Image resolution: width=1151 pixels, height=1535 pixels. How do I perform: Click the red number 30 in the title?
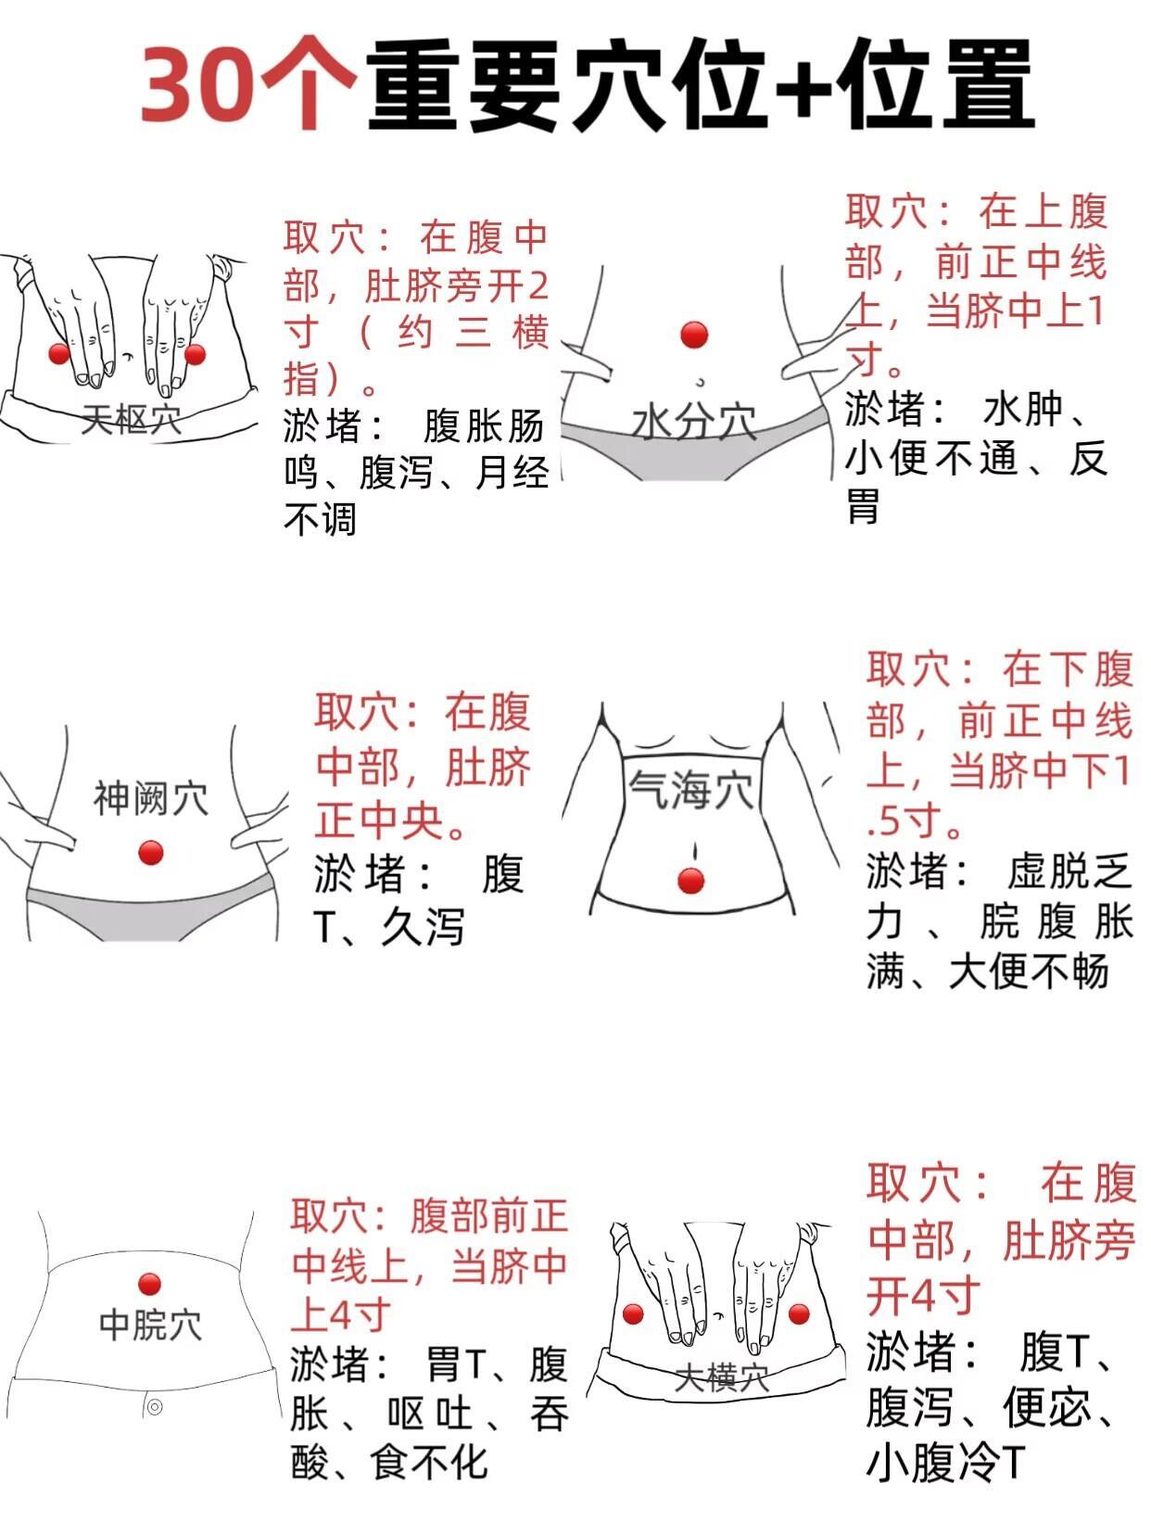click(196, 84)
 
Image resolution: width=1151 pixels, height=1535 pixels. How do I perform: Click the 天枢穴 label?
click(132, 419)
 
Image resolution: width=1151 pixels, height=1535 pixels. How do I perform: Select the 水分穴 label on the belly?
click(694, 423)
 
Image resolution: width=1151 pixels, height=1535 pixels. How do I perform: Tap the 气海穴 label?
click(691, 790)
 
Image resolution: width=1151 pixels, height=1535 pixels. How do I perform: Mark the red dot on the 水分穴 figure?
click(694, 335)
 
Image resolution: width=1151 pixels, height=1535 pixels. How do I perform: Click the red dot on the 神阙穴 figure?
click(151, 853)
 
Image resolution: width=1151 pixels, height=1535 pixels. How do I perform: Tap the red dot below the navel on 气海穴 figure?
click(691, 882)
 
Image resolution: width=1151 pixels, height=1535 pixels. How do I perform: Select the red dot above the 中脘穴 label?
click(149, 1284)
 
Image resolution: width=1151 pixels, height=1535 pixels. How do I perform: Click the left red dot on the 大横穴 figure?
click(633, 1314)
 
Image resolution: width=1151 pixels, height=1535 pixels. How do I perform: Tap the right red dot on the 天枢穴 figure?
click(195, 355)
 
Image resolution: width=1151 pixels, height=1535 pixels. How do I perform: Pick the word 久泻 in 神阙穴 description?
click(422, 928)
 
